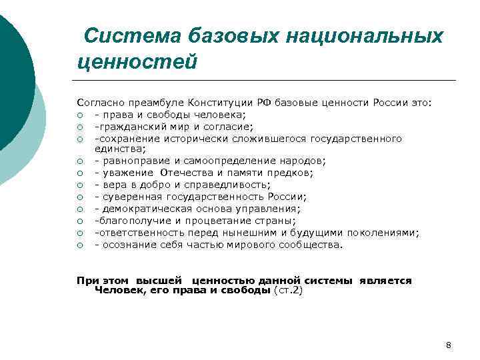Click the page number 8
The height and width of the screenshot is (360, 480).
448,345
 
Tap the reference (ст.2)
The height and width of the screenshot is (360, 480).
288,291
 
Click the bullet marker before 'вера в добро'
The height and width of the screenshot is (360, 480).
79,185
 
